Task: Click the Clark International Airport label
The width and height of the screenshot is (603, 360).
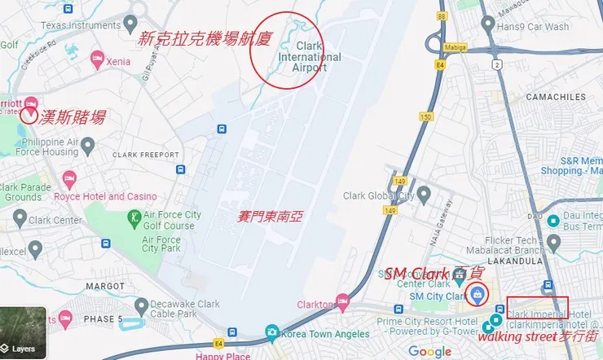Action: point(310,57)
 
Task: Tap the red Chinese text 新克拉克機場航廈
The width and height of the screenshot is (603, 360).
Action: point(202,37)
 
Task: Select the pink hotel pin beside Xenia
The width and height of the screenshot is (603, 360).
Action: point(97,59)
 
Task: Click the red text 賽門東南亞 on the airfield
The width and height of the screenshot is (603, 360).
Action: point(270,217)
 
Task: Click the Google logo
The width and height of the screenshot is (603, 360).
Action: point(429,351)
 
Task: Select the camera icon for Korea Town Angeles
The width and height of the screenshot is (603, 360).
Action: point(272,332)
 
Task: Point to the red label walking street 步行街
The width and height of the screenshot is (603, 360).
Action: point(538,336)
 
